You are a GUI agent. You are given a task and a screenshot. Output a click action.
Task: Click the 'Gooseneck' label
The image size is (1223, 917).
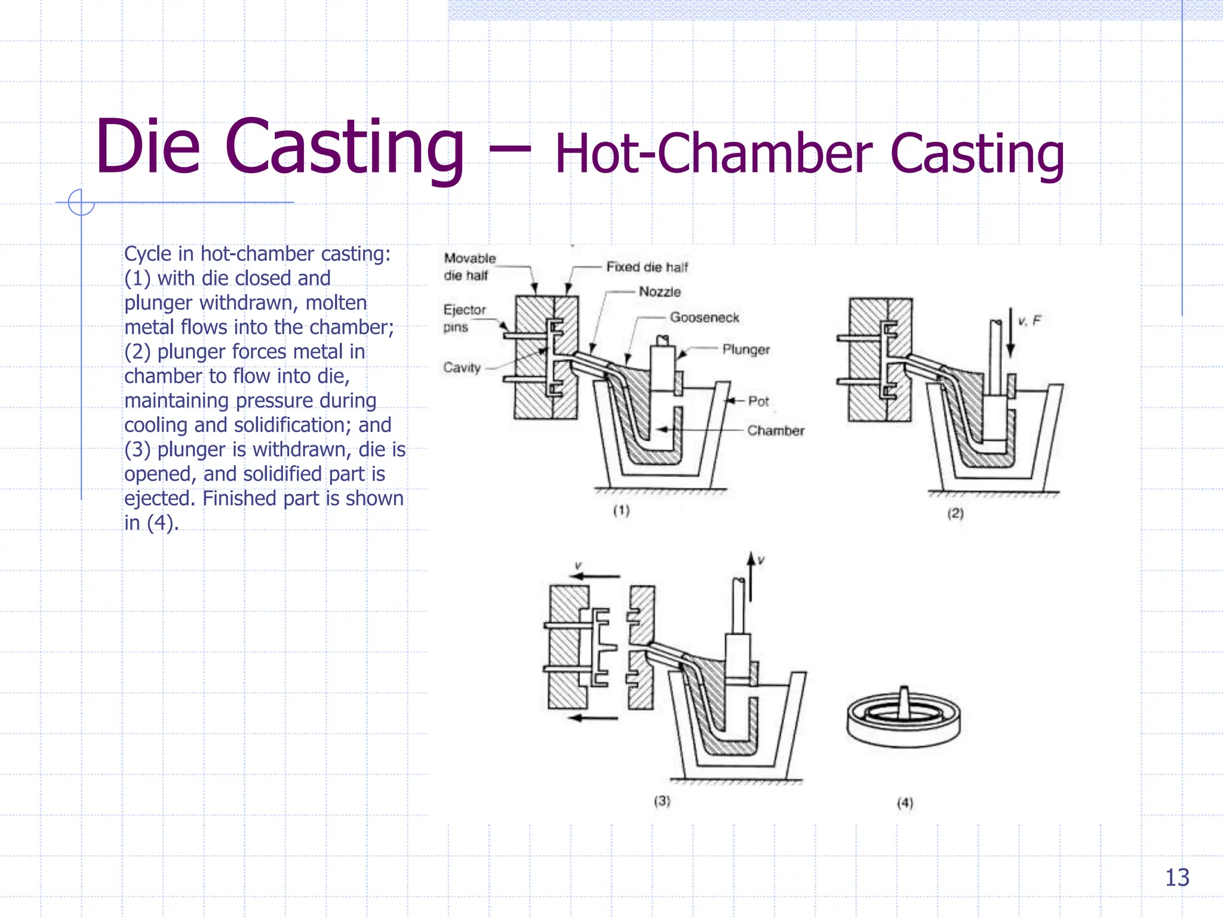704,318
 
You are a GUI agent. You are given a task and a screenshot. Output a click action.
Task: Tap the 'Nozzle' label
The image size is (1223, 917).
660,292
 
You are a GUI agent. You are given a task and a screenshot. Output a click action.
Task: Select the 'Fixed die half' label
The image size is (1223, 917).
647,267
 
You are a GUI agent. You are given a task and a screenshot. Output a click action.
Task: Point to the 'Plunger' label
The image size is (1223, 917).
746,349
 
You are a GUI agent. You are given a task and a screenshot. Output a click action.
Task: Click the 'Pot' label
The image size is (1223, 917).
758,401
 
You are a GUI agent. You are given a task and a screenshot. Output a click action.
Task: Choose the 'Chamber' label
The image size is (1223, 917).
776,430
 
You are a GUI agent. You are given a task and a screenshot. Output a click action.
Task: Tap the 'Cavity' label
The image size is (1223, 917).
462,368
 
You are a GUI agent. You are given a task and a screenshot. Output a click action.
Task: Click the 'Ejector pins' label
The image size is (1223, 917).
464,318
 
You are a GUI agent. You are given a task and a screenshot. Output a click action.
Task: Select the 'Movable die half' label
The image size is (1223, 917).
469,267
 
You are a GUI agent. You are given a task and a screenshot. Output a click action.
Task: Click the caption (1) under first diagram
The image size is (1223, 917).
622,510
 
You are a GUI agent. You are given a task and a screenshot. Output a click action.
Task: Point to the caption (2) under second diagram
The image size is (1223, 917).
955,513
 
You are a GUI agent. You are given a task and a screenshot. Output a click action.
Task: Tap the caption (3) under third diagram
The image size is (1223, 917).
662,801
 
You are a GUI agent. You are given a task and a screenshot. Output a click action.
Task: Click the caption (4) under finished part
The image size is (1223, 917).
905,803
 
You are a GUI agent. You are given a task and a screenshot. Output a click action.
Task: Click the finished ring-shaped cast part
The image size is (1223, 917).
904,719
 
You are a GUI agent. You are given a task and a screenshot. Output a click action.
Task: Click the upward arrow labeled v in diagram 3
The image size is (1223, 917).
751,576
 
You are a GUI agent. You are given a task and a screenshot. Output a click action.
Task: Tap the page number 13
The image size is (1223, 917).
1177,878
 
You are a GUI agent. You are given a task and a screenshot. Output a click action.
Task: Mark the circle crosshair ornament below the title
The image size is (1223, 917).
81,202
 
